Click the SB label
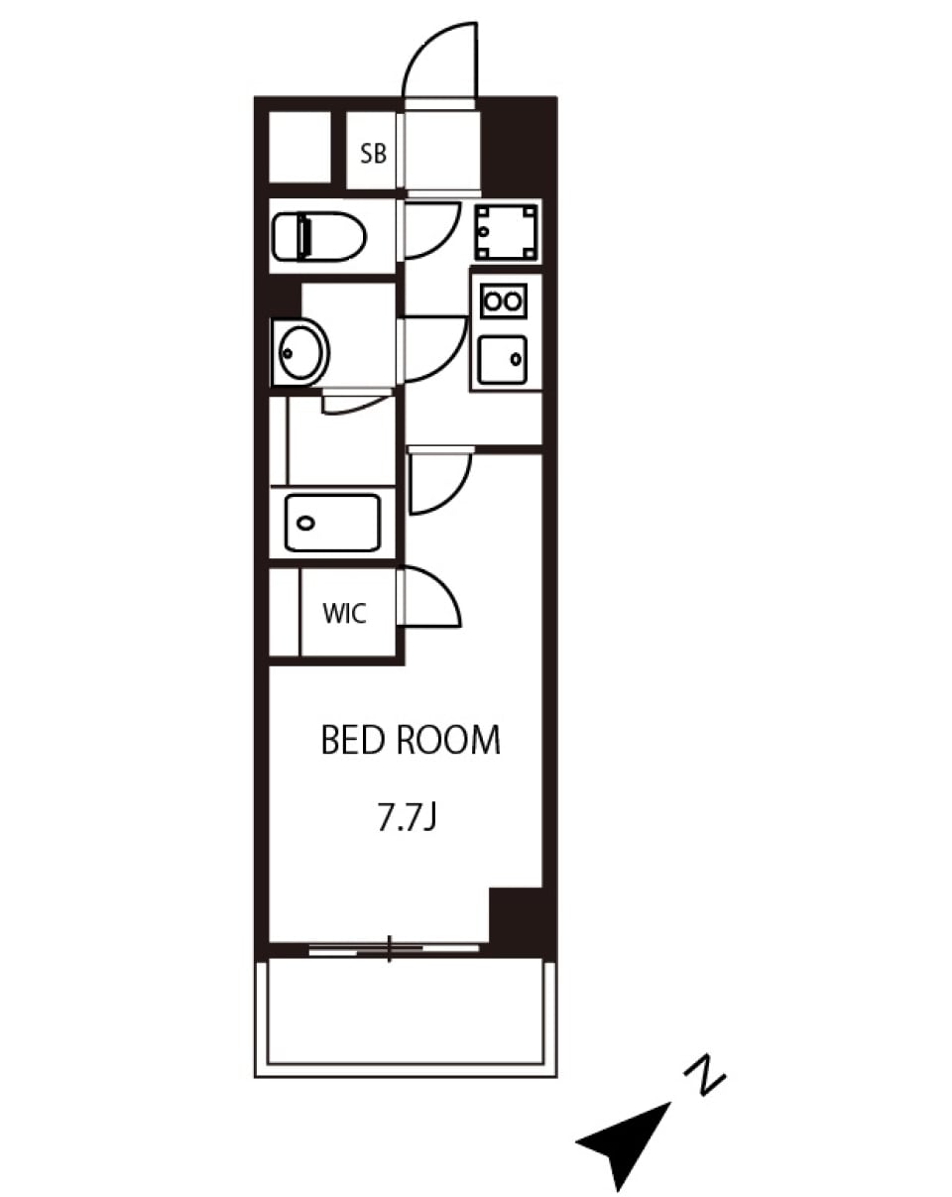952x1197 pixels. point(373,154)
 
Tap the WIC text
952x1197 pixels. point(344,614)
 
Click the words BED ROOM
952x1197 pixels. point(411,740)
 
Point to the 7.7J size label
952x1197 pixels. point(407,817)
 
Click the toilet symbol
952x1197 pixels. point(318,236)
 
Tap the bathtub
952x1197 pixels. point(333,523)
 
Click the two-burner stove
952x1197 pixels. point(504,300)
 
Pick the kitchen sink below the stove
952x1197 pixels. point(502,360)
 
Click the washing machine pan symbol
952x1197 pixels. point(507,232)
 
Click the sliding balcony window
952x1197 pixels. point(394,949)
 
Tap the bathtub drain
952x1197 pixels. point(305,523)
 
